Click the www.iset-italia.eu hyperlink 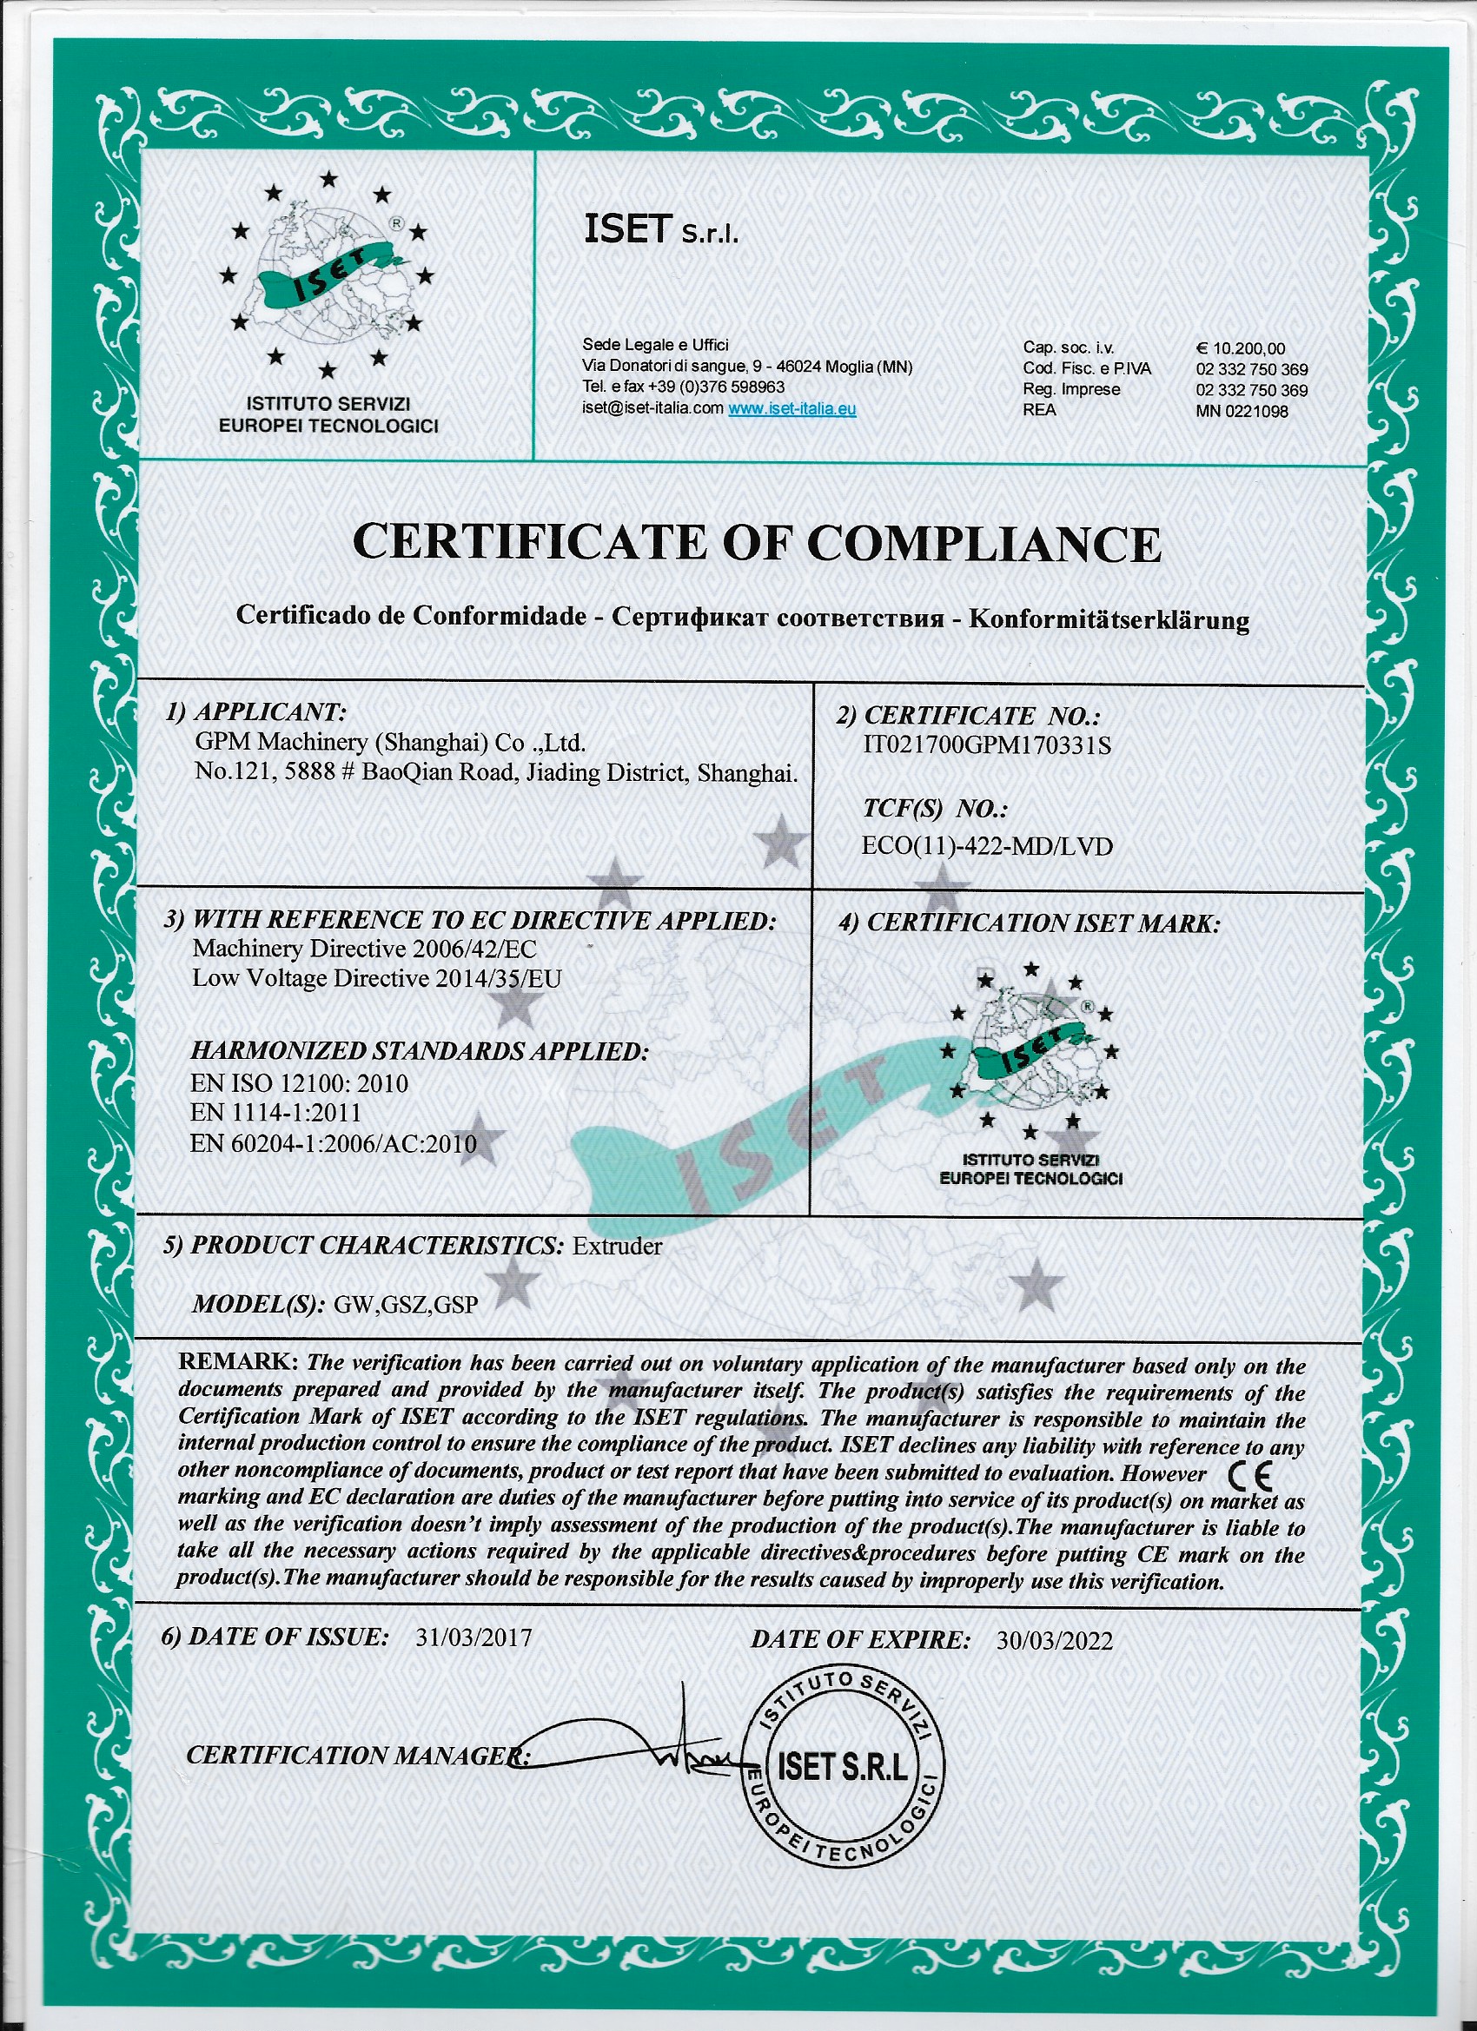(x=791, y=409)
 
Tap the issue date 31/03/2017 (x=474, y=1637)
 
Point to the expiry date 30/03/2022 (x=1054, y=1641)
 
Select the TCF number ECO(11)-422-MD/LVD (x=986, y=846)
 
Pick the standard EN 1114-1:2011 (x=276, y=1113)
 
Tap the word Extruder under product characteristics (x=617, y=1247)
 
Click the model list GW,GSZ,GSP (x=406, y=1305)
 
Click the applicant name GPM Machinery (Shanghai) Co (x=389, y=743)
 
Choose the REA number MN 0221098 (x=1242, y=411)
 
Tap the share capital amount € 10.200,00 (x=1240, y=348)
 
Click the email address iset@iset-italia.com (x=652, y=409)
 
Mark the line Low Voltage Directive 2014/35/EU (x=376, y=979)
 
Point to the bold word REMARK (x=237, y=1363)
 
